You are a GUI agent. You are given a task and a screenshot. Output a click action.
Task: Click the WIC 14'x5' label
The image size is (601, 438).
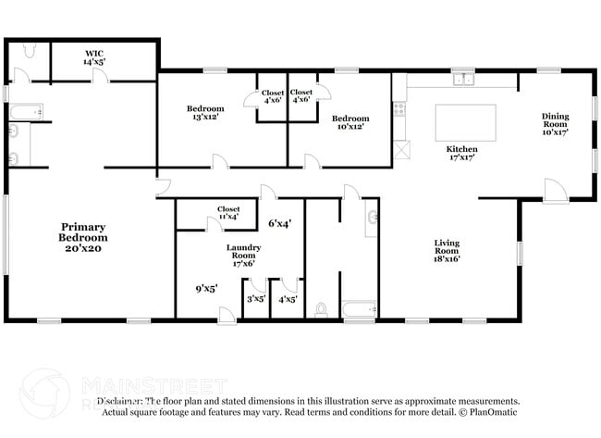pos(95,57)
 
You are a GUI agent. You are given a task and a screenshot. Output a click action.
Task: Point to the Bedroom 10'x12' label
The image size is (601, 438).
pos(350,122)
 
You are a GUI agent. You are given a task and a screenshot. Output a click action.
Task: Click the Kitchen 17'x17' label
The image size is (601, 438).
pos(461,154)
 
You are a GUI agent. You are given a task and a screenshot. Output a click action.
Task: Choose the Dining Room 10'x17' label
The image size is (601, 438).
pos(555,124)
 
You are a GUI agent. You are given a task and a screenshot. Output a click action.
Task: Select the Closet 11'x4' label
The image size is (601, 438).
pos(228,213)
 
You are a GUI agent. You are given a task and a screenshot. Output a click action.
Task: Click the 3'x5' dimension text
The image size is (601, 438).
pos(255,298)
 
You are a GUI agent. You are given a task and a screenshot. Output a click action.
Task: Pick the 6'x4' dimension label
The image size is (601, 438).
pos(279,223)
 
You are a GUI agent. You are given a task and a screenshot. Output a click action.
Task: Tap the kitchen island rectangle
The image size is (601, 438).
pos(465,122)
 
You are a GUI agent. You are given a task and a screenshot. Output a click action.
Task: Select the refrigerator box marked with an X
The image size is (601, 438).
pos(400,149)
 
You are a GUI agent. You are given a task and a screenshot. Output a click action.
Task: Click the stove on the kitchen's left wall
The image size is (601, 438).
pos(399,108)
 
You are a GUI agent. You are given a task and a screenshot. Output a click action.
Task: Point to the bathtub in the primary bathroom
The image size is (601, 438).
pos(26,113)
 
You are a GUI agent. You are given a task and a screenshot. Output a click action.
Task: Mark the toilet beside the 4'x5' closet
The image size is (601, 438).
pos(322,309)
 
